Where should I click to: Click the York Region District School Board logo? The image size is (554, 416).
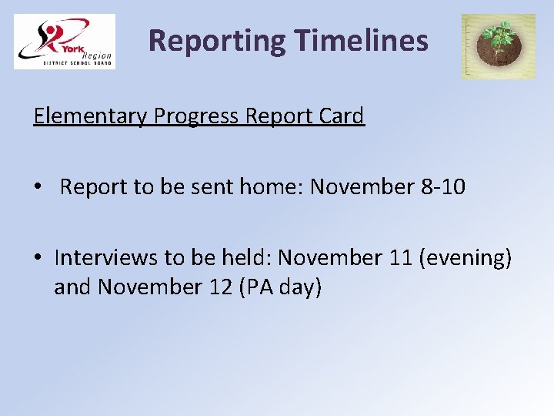point(65,42)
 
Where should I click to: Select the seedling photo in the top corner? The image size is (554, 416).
point(498,46)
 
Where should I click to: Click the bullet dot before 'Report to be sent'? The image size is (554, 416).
point(38,188)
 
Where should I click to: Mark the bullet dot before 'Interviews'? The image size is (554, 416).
point(38,258)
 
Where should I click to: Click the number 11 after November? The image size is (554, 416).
point(400,257)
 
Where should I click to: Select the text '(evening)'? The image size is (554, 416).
point(466,258)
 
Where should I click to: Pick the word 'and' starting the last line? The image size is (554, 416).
point(72,287)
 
